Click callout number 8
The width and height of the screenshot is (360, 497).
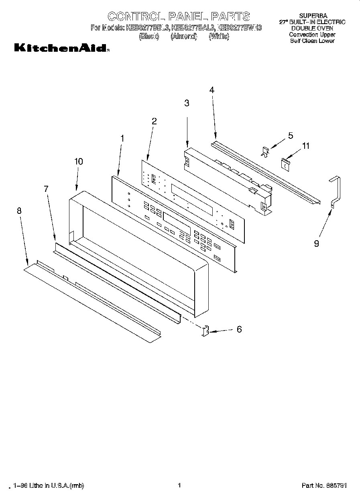click(x=19, y=211)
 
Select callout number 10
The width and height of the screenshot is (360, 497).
click(x=79, y=161)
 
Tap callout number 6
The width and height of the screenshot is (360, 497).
click(x=239, y=329)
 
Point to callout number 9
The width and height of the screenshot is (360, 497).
click(x=316, y=243)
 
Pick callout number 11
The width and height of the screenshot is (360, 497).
click(x=306, y=146)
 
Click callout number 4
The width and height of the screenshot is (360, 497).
click(x=212, y=90)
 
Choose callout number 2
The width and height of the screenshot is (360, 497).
click(x=154, y=121)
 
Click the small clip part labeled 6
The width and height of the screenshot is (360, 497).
click(x=205, y=331)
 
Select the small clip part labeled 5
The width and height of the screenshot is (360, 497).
click(x=264, y=151)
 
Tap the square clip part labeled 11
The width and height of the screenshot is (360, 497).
click(x=285, y=163)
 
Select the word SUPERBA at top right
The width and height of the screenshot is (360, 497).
click(x=313, y=16)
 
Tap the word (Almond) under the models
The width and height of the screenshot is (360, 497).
click(x=183, y=37)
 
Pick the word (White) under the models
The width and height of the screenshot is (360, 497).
click(x=219, y=37)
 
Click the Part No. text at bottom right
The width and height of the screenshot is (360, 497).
click(x=324, y=486)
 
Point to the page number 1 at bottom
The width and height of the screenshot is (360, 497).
click(x=179, y=485)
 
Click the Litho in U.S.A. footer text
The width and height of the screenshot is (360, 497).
click(x=49, y=486)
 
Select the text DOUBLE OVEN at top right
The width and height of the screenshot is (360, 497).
click(x=312, y=28)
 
